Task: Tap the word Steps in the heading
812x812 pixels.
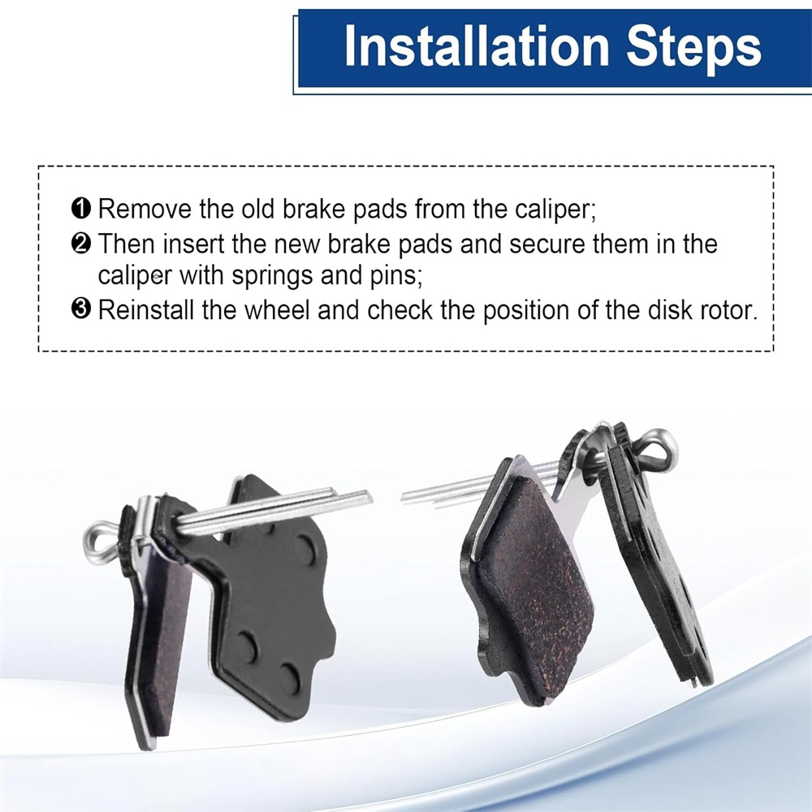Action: [x=694, y=48]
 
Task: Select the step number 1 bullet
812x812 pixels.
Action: [x=80, y=209]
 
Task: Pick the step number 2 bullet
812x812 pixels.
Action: [x=80, y=244]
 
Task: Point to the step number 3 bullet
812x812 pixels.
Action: [x=80, y=309]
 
